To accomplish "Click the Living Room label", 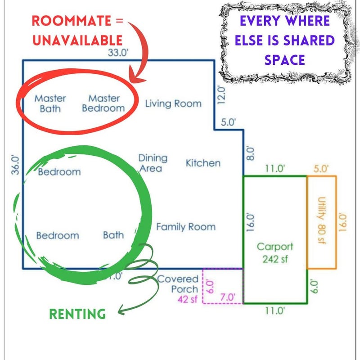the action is [x=173, y=103].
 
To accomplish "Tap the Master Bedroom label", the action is [x=103, y=103].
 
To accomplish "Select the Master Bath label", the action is [x=50, y=103].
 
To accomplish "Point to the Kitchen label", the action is [x=203, y=163].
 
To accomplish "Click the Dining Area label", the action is [x=153, y=163].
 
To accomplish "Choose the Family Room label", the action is [x=186, y=227].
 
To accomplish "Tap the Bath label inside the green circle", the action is [x=113, y=235].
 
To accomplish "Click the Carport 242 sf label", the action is [x=275, y=253].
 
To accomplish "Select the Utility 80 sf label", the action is [x=321, y=221].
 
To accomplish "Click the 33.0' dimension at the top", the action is [x=118, y=53].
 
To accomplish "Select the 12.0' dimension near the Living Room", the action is [x=221, y=95].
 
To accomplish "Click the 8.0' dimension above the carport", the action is [x=250, y=153].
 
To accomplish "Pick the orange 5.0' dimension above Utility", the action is [x=321, y=169].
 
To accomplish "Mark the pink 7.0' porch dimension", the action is [x=228, y=297].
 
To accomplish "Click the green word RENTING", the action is [x=77, y=314].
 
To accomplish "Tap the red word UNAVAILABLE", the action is [x=77, y=40].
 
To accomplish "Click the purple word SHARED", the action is [x=309, y=40].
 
